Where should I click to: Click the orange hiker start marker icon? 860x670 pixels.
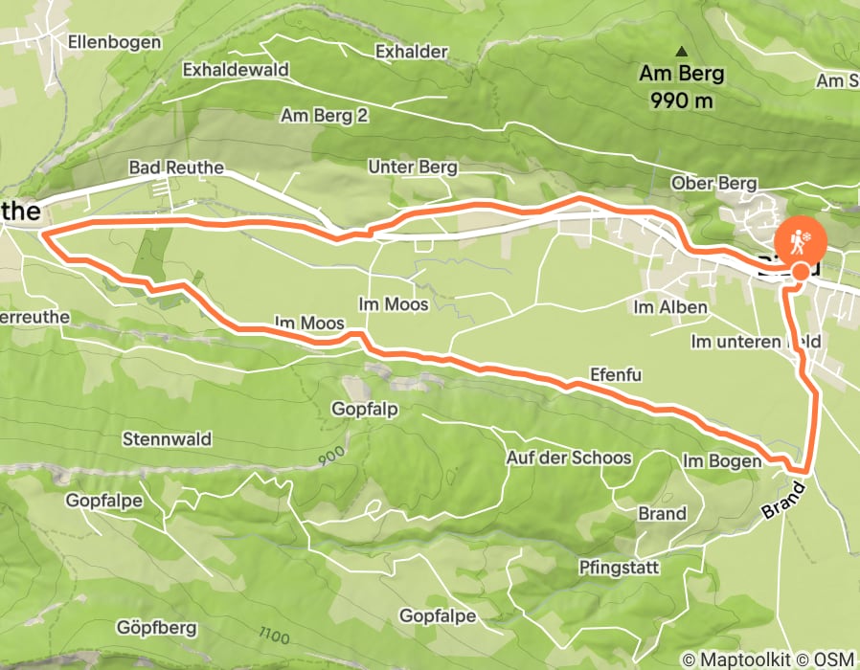tap(799, 241)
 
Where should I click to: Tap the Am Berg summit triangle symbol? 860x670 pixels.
tap(682, 52)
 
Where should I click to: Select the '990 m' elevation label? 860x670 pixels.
tap(681, 99)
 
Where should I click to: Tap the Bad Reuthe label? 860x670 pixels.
tap(176, 167)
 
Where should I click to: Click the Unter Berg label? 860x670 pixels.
tap(413, 167)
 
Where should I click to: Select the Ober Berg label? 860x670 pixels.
tap(714, 184)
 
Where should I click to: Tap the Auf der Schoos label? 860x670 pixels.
tap(569, 458)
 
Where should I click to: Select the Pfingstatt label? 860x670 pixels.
tap(619, 568)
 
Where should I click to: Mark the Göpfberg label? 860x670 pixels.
tap(158, 628)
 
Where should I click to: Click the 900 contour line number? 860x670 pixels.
tap(330, 458)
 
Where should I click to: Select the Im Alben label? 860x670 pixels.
tap(670, 307)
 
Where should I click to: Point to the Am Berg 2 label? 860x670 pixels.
tap(325, 115)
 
